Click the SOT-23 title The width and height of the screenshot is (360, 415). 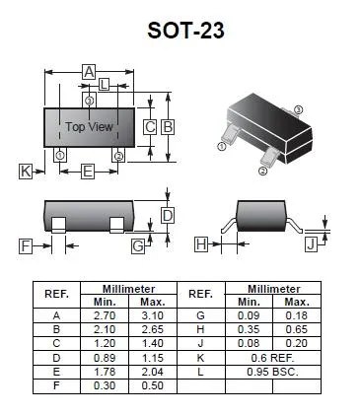point(185,31)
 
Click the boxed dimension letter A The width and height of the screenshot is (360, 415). point(89,72)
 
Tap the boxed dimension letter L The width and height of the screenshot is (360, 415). point(104,85)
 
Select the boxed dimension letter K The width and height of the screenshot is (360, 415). point(26,172)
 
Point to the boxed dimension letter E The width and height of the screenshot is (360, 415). point(88,172)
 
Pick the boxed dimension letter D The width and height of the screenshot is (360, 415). point(168,216)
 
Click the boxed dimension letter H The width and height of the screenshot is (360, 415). point(201,244)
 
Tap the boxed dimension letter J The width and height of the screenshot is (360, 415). point(311,244)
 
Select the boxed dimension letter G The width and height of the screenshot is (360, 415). point(138,246)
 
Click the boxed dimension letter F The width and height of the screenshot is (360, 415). point(26,246)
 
